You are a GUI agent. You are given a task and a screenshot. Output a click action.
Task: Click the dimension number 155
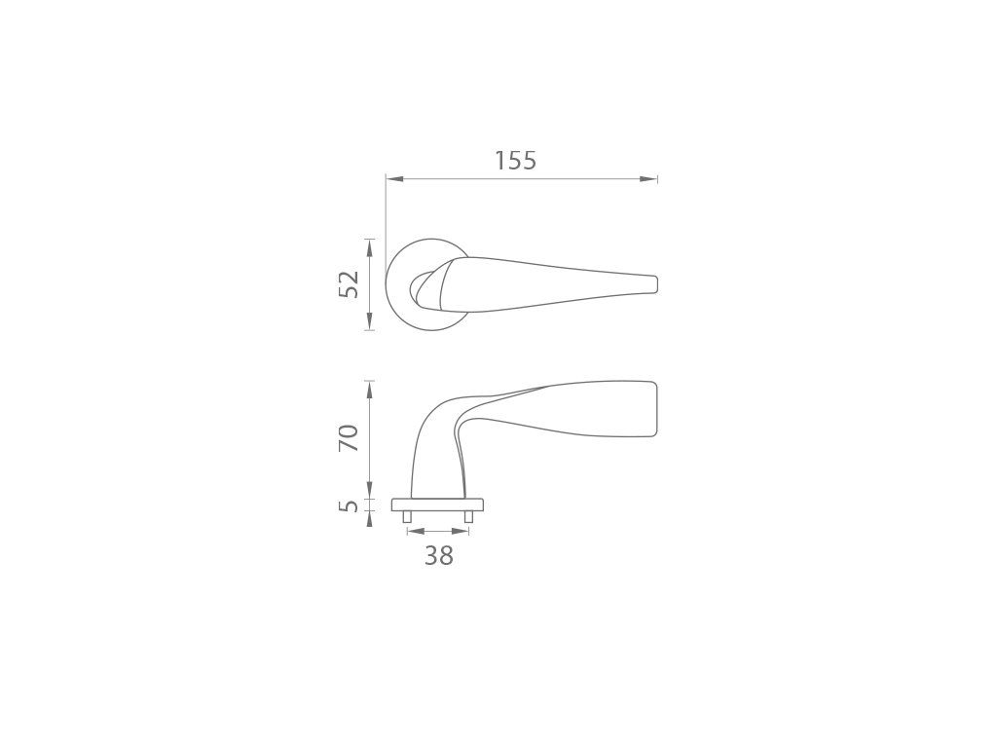pyautogui.click(x=516, y=161)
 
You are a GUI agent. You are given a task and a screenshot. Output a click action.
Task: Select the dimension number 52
pyautogui.click(x=350, y=284)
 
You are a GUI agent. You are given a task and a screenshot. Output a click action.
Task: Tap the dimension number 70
pyautogui.click(x=350, y=437)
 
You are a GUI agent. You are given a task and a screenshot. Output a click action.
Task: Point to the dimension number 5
pyautogui.click(x=350, y=506)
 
